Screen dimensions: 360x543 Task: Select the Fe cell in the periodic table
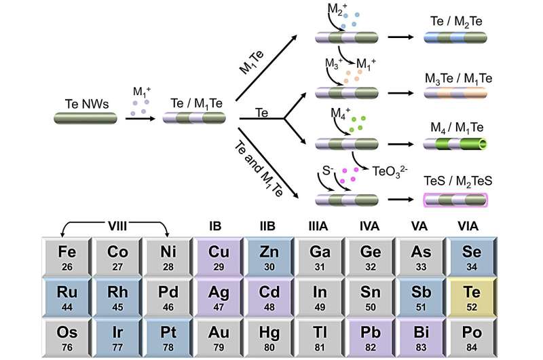[67, 257]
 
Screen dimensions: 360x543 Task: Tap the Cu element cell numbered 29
[219, 257]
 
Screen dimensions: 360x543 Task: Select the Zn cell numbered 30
[269, 257]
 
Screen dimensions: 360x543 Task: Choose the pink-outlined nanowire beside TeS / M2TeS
[455, 200]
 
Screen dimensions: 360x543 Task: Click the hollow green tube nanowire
[455, 144]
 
